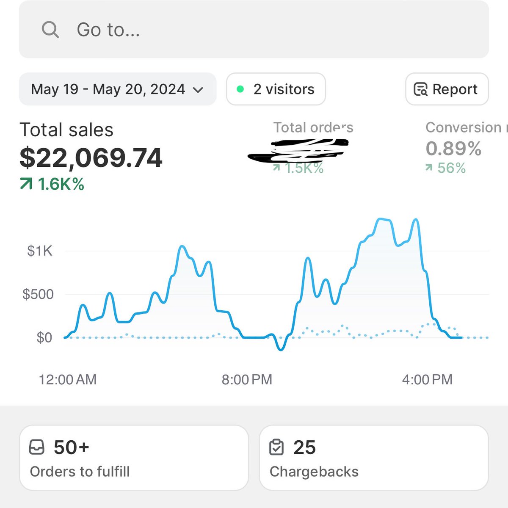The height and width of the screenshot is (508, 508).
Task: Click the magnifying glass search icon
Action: pos(50,30)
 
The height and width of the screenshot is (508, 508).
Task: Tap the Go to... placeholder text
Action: pos(108,30)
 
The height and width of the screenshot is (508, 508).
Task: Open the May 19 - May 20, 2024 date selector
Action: pos(108,89)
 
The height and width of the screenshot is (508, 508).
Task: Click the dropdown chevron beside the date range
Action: pos(198,90)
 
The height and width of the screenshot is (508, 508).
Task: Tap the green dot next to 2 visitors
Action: pos(240,89)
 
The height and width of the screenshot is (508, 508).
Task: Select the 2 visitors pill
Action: pos(276,89)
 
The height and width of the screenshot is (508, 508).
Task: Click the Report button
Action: pos(447,89)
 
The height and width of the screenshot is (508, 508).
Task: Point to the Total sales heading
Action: pos(66,130)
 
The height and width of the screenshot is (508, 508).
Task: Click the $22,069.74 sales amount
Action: pos(91,158)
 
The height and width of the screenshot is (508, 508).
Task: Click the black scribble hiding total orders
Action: pos(298,150)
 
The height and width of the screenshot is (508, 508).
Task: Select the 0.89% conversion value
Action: pos(453,149)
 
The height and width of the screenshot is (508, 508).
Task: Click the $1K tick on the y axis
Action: pos(39,251)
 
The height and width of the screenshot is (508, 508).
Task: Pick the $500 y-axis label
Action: pos(38,294)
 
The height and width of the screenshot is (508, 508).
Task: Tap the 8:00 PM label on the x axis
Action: pos(247,379)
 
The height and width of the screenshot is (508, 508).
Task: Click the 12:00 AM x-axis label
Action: pos(68,379)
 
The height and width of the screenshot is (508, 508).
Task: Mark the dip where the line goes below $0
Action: pos(281,348)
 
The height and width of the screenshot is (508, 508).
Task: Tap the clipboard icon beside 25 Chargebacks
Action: pos(276,447)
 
